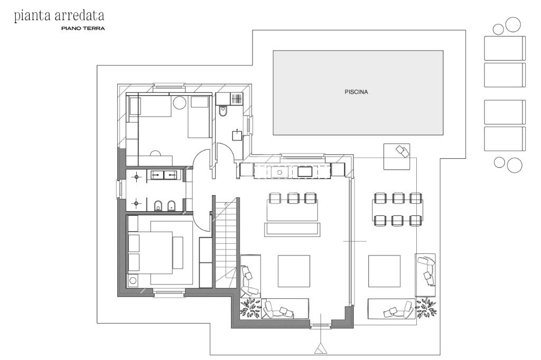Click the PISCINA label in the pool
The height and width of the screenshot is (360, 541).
click(356, 92)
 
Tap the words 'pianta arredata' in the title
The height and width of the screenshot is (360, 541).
click(59, 16)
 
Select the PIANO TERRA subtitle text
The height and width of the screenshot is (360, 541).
click(83, 29)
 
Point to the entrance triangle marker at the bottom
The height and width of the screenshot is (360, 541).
click(321, 349)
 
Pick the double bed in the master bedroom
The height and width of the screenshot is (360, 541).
click(151, 253)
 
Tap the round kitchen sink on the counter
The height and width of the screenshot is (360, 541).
click(279, 172)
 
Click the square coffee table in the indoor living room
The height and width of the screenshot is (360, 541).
click(294, 271)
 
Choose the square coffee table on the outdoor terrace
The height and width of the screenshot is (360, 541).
click(385, 271)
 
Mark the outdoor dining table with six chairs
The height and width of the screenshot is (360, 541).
click(397, 210)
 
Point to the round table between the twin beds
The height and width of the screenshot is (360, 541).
click(180, 103)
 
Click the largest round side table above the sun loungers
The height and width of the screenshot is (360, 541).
click(512, 24)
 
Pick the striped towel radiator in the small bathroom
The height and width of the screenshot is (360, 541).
click(237, 99)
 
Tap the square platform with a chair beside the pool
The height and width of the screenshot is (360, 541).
click(397, 157)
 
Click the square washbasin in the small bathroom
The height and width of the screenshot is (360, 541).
click(237, 136)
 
